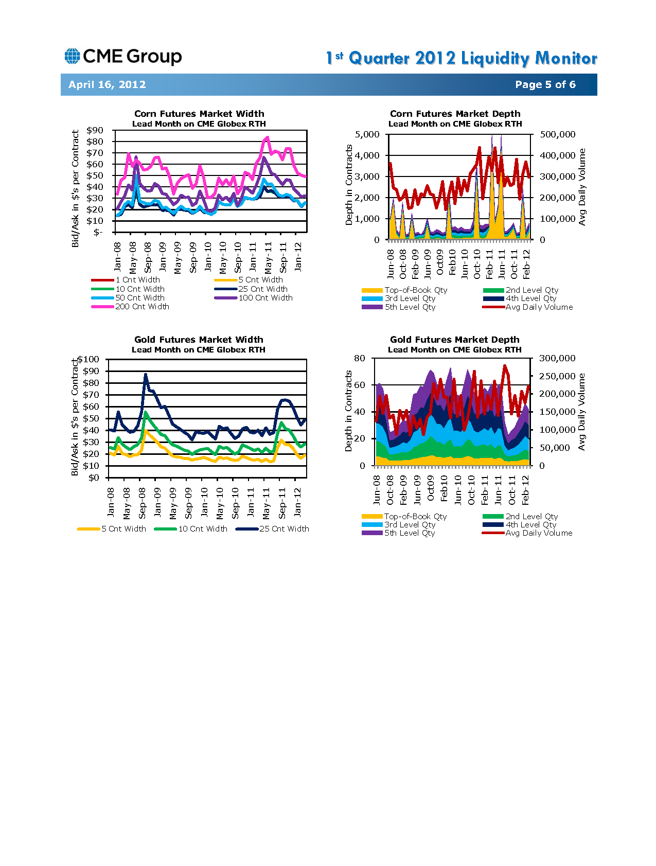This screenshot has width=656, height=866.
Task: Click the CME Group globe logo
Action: click(72, 56)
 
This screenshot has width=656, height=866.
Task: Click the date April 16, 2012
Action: click(107, 84)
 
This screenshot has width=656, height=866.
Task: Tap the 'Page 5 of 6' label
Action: click(545, 84)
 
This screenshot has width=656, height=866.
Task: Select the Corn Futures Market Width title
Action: click(199, 114)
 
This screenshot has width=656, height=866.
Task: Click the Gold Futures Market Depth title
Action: click(455, 340)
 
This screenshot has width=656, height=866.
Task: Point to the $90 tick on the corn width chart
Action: click(95, 130)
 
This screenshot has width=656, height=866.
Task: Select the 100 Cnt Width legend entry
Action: click(254, 298)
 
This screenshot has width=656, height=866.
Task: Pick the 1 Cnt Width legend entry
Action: click(126, 280)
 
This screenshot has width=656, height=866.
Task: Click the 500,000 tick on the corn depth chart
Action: click(558, 134)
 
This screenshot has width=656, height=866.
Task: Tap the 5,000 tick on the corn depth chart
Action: click(367, 134)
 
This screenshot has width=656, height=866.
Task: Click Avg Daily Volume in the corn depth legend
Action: click(528, 307)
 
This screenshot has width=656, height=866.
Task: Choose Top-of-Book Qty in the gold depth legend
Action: click(404, 517)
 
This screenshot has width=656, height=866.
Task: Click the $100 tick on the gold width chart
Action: click(88, 359)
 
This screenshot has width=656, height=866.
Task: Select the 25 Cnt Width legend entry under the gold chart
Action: click(273, 529)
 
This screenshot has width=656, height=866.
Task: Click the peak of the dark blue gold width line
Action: click(146, 375)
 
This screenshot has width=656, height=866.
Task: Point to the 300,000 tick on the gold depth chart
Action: click(557, 358)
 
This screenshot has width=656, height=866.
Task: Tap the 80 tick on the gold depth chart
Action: click(360, 358)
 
